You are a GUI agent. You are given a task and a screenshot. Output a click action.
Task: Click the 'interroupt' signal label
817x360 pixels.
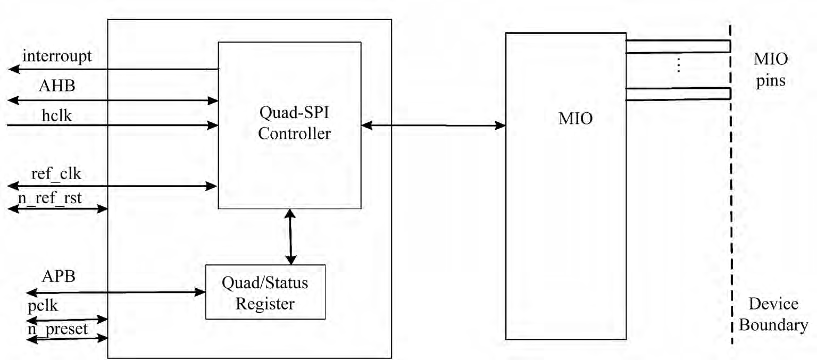coord(57,56)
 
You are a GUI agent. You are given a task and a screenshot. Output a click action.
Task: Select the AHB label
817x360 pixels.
coord(57,87)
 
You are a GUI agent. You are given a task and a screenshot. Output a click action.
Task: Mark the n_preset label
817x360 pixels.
coord(57,328)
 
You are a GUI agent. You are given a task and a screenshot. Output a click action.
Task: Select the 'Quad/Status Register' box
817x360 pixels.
coord(265,292)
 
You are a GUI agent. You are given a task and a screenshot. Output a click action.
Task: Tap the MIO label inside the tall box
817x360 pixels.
coord(576,118)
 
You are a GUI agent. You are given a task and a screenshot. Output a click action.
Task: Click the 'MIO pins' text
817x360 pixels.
coord(771,70)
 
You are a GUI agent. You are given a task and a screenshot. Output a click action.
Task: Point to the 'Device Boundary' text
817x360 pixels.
coord(773,314)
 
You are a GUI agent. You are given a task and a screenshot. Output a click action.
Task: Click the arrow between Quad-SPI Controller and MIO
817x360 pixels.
coord(433,125)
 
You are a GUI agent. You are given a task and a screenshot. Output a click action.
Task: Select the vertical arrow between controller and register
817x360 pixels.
coord(290,237)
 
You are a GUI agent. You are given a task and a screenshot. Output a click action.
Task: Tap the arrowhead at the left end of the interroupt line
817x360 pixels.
coord(14,69)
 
